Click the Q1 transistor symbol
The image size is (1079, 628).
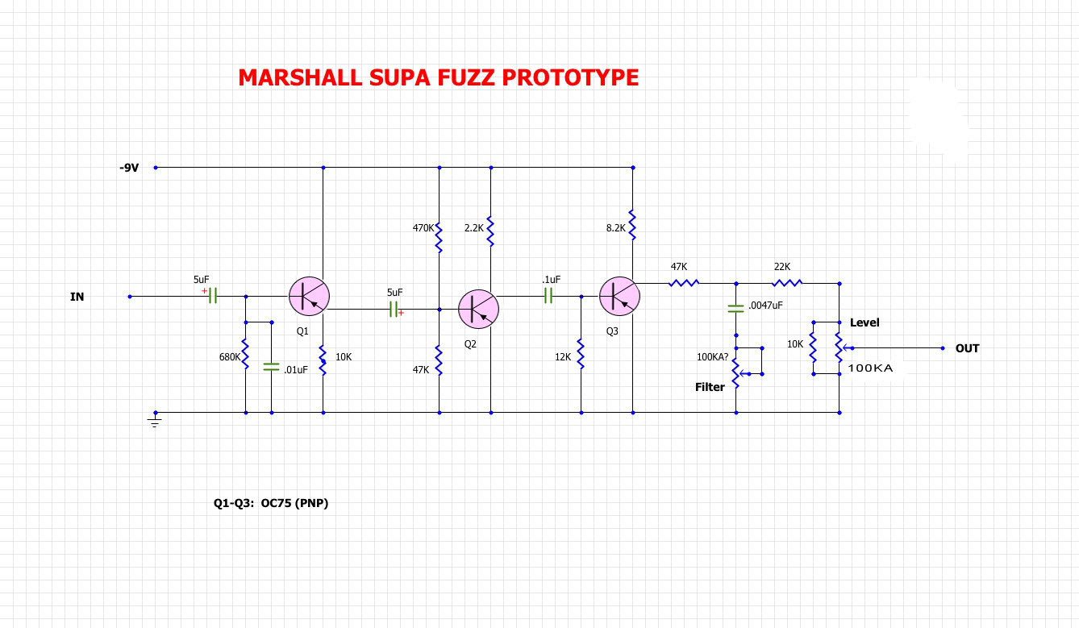[309, 297]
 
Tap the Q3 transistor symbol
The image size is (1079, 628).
[619, 297]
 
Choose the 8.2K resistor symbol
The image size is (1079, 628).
[633, 227]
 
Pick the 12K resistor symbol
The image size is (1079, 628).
[581, 352]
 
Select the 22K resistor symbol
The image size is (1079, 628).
[786, 283]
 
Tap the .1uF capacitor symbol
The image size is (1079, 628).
[548, 297]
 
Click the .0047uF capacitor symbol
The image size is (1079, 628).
[735, 308]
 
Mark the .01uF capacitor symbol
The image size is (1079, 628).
[271, 368]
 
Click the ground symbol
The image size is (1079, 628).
[156, 420]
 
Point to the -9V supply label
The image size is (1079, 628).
[129, 168]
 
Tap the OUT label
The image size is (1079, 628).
[967, 348]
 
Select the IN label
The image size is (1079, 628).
[77, 297]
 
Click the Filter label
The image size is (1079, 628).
[710, 387]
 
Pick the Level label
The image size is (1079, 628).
[864, 322]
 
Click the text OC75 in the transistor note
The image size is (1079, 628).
[277, 503]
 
